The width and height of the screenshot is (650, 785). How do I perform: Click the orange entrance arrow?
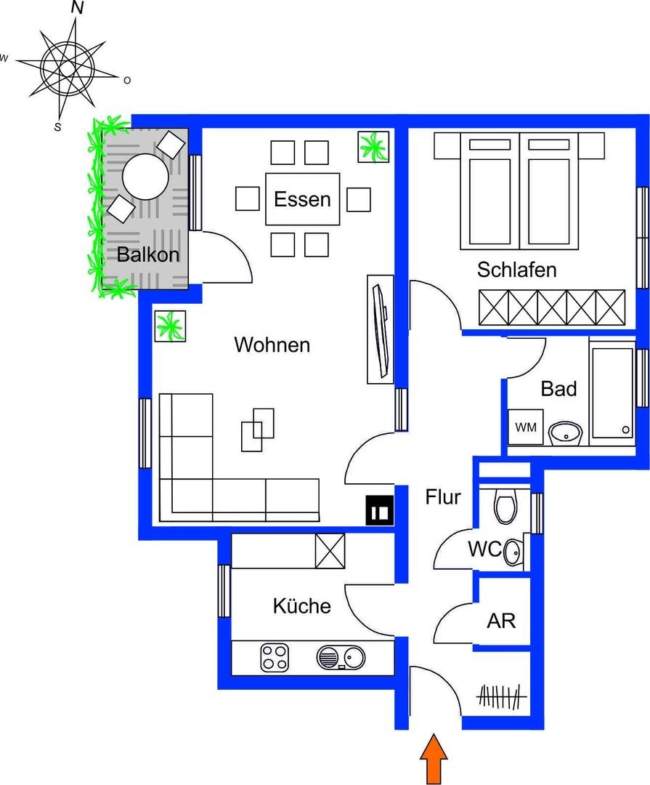pyautogui.click(x=434, y=760)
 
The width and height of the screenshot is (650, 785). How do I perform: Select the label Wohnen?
pyautogui.click(x=272, y=345)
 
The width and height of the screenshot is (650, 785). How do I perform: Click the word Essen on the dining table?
pyautogui.click(x=302, y=199)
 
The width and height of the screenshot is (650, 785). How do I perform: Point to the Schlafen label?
pyautogui.click(x=516, y=270)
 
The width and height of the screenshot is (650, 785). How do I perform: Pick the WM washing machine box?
pyautogui.click(x=525, y=427)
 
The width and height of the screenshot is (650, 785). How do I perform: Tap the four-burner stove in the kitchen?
pyautogui.click(x=274, y=659)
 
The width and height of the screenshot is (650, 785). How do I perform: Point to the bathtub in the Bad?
pyautogui.click(x=612, y=392)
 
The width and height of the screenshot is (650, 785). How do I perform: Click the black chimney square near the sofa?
pyautogui.click(x=380, y=510)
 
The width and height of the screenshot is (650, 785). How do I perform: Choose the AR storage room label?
pyautogui.click(x=500, y=621)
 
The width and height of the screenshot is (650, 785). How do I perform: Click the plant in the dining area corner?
pyautogui.click(x=375, y=147)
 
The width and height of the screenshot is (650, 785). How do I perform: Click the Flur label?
pyautogui.click(x=443, y=498)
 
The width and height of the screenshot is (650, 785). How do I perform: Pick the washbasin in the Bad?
pyautogui.click(x=564, y=433)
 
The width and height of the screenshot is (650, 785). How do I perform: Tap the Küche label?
pyautogui.click(x=301, y=605)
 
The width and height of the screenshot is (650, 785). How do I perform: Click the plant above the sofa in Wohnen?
pyautogui.click(x=170, y=326)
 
